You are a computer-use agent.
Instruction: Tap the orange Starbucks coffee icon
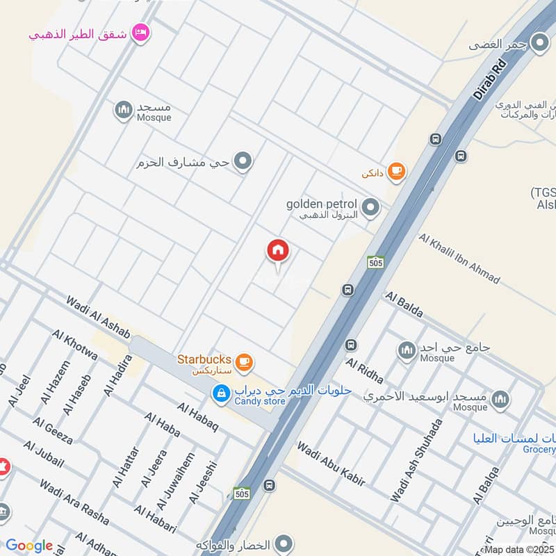[243, 361]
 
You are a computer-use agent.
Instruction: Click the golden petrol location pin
[371, 207]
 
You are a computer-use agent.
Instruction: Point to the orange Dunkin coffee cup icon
[396, 170]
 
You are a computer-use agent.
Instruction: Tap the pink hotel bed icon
[140, 33]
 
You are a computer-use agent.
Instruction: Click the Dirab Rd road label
[491, 78]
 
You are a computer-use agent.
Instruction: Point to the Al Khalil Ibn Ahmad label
[459, 258]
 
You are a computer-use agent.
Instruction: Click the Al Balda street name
[403, 304]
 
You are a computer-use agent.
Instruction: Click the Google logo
[29, 546]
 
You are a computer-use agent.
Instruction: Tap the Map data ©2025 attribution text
[519, 550]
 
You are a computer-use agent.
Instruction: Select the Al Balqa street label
[486, 484]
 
